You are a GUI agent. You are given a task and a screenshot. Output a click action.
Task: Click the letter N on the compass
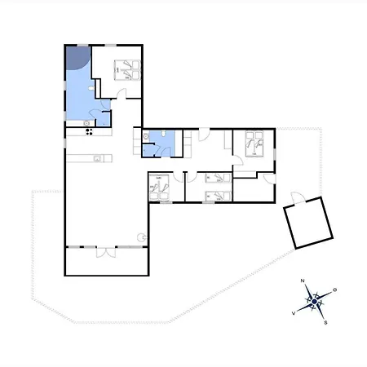coord(303,281)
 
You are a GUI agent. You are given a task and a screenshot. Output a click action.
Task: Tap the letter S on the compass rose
coord(325,323)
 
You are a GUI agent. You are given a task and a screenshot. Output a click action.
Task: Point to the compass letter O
coord(335,290)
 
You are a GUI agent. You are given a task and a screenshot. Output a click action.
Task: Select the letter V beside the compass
coord(294,313)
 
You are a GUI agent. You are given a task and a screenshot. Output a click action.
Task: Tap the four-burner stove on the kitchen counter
coord(89,132)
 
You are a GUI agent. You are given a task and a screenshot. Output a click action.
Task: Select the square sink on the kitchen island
coord(97,158)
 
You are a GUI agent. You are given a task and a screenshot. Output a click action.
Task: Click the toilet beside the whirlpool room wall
coord(91,88)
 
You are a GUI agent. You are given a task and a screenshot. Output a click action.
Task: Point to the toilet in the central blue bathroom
coord(163,133)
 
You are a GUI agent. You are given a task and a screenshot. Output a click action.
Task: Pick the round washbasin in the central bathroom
coord(146,136)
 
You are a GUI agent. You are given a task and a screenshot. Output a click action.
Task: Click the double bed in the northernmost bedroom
coord(127,70)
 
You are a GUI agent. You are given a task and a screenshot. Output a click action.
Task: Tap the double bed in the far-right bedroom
coord(254,144)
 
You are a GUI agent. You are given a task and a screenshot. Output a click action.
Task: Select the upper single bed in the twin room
coord(218,178)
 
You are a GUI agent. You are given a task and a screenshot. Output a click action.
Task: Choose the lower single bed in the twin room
coord(218,197)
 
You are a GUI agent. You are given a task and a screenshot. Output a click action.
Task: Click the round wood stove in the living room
coord(141,237)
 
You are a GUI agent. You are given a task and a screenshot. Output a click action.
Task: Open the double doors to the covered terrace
coord(106,252)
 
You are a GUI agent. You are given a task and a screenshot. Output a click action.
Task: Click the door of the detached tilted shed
coord(298,197)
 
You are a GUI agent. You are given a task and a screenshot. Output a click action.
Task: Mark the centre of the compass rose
coord(315,302)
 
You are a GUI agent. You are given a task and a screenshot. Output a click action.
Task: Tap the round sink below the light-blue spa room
coord(86,123)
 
